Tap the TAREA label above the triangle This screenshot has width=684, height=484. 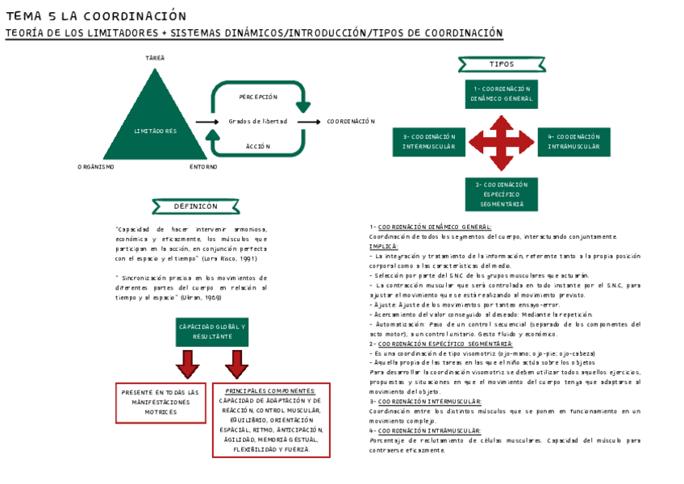pyautogui.click(x=155, y=58)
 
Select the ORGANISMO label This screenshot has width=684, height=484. pyautogui.click(x=96, y=167)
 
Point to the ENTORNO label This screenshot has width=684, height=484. pyautogui.click(x=203, y=167)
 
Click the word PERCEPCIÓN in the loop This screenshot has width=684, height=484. pyautogui.click(x=258, y=97)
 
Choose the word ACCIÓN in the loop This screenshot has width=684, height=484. pyautogui.click(x=258, y=146)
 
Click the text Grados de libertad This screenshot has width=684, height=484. pyautogui.click(x=257, y=122)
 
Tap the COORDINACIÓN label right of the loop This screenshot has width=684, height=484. pyautogui.click(x=351, y=122)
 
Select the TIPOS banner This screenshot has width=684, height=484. pyautogui.click(x=501, y=64)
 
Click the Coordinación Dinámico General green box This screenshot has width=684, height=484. pyautogui.click(x=501, y=94)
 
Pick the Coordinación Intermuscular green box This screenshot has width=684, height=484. pyautogui.click(x=429, y=142)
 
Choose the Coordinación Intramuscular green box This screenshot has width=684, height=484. pyautogui.click(x=573, y=142)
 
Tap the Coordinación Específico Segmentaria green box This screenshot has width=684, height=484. pyautogui.click(x=501, y=194)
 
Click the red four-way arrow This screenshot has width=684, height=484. pyautogui.click(x=501, y=142)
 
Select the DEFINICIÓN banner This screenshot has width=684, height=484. pyautogui.click(x=196, y=207)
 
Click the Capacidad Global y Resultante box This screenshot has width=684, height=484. pyautogui.click(x=212, y=331)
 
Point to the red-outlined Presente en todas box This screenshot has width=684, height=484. pyautogui.click(x=161, y=402)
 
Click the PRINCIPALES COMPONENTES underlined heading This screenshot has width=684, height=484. pyautogui.click(x=270, y=390)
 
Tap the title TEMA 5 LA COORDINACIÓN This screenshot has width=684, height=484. pyautogui.click(x=96, y=16)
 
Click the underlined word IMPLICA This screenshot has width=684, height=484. pyautogui.click(x=384, y=246)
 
